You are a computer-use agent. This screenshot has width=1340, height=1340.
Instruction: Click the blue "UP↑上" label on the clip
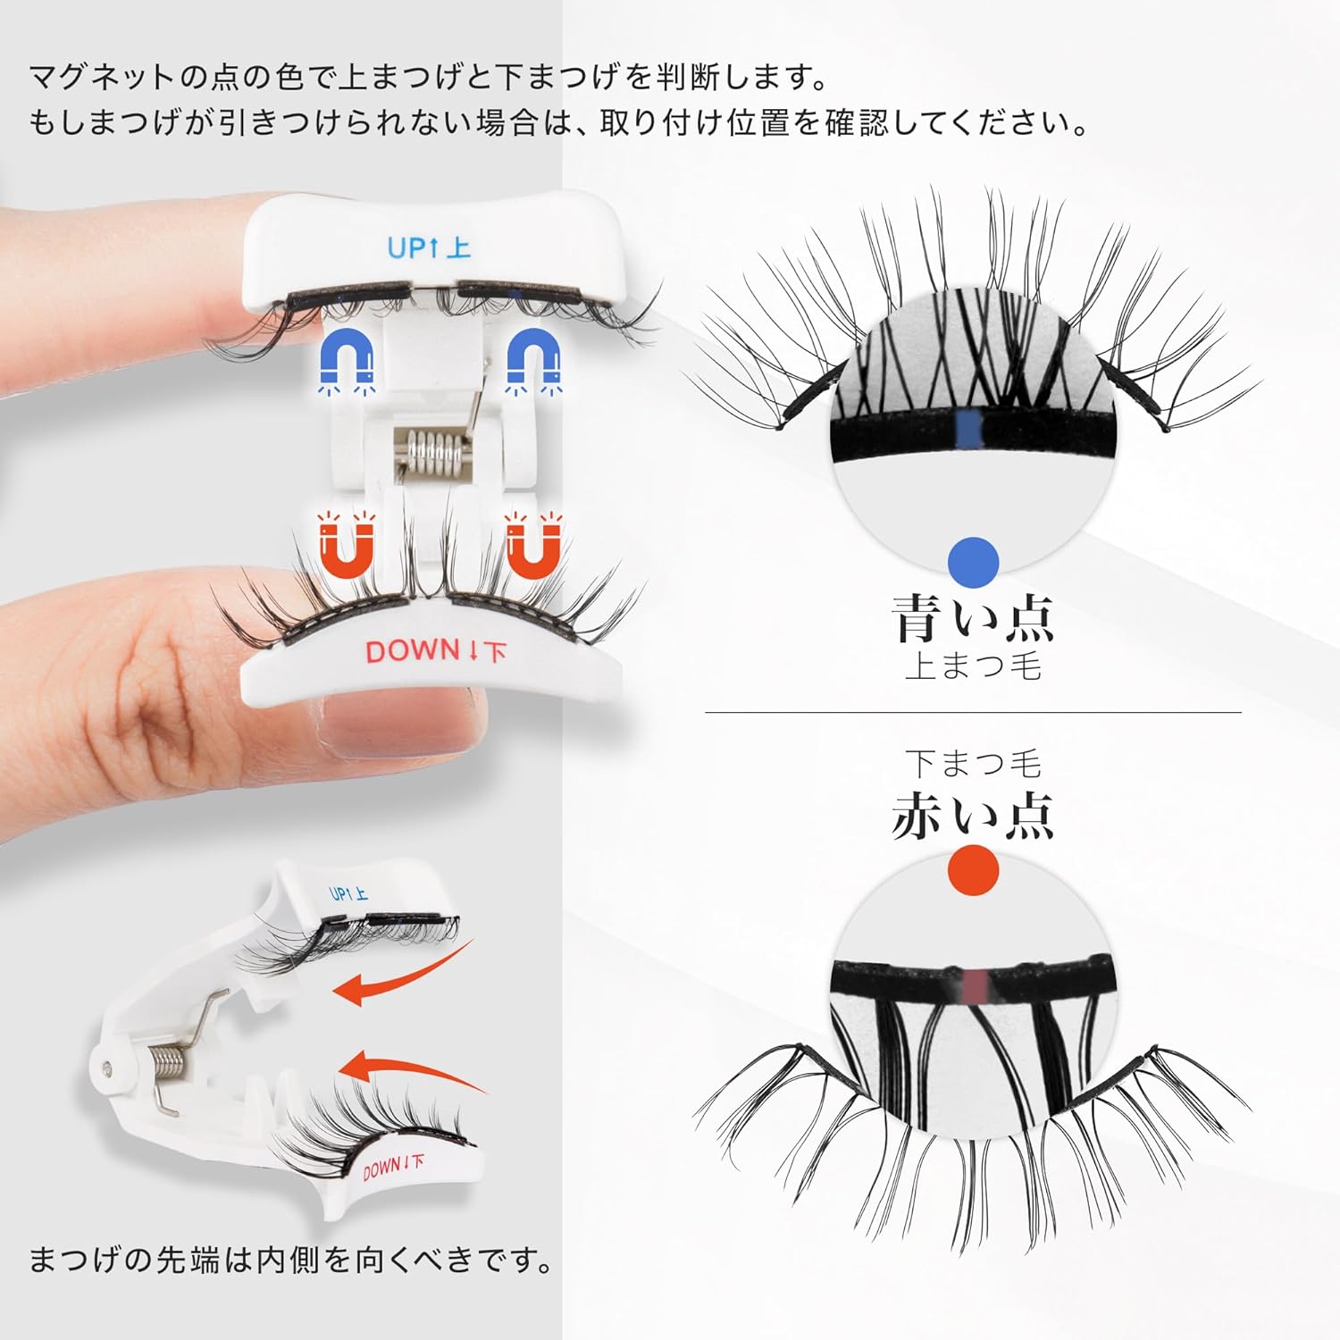429,247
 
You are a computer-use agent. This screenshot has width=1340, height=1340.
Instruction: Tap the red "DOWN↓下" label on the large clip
435,651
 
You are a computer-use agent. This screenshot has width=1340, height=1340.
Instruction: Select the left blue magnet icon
347,363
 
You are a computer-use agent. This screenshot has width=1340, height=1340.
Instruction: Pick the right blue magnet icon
534,363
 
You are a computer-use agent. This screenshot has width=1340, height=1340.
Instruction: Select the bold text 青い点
973,618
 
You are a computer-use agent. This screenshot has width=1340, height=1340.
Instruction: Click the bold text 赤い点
973,816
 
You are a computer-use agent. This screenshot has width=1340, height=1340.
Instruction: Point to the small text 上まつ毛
973,667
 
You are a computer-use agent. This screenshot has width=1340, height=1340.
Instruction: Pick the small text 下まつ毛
973,764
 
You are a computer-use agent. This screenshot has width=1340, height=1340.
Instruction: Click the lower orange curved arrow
411,1068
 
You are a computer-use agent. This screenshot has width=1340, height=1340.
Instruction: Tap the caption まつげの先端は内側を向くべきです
290,1260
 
